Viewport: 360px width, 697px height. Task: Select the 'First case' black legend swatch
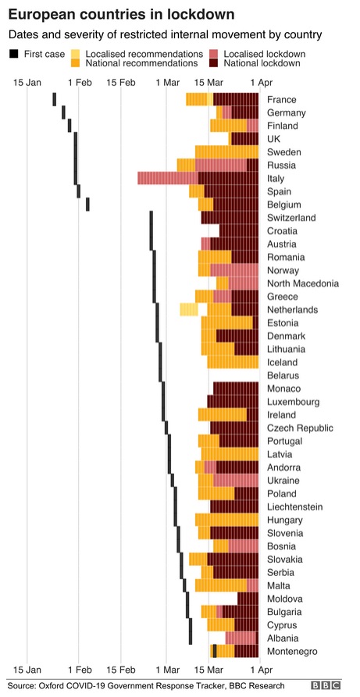(x=13, y=53)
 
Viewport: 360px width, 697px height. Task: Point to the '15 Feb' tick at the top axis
(x=120, y=82)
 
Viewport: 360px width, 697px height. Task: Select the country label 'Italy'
(x=276, y=179)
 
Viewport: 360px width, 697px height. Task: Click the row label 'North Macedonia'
(x=302, y=283)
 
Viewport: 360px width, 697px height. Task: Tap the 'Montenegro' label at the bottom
(x=291, y=651)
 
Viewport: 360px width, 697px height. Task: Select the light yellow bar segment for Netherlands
(x=188, y=309)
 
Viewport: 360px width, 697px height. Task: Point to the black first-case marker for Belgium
(x=87, y=204)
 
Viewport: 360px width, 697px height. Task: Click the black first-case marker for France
(x=54, y=99)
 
